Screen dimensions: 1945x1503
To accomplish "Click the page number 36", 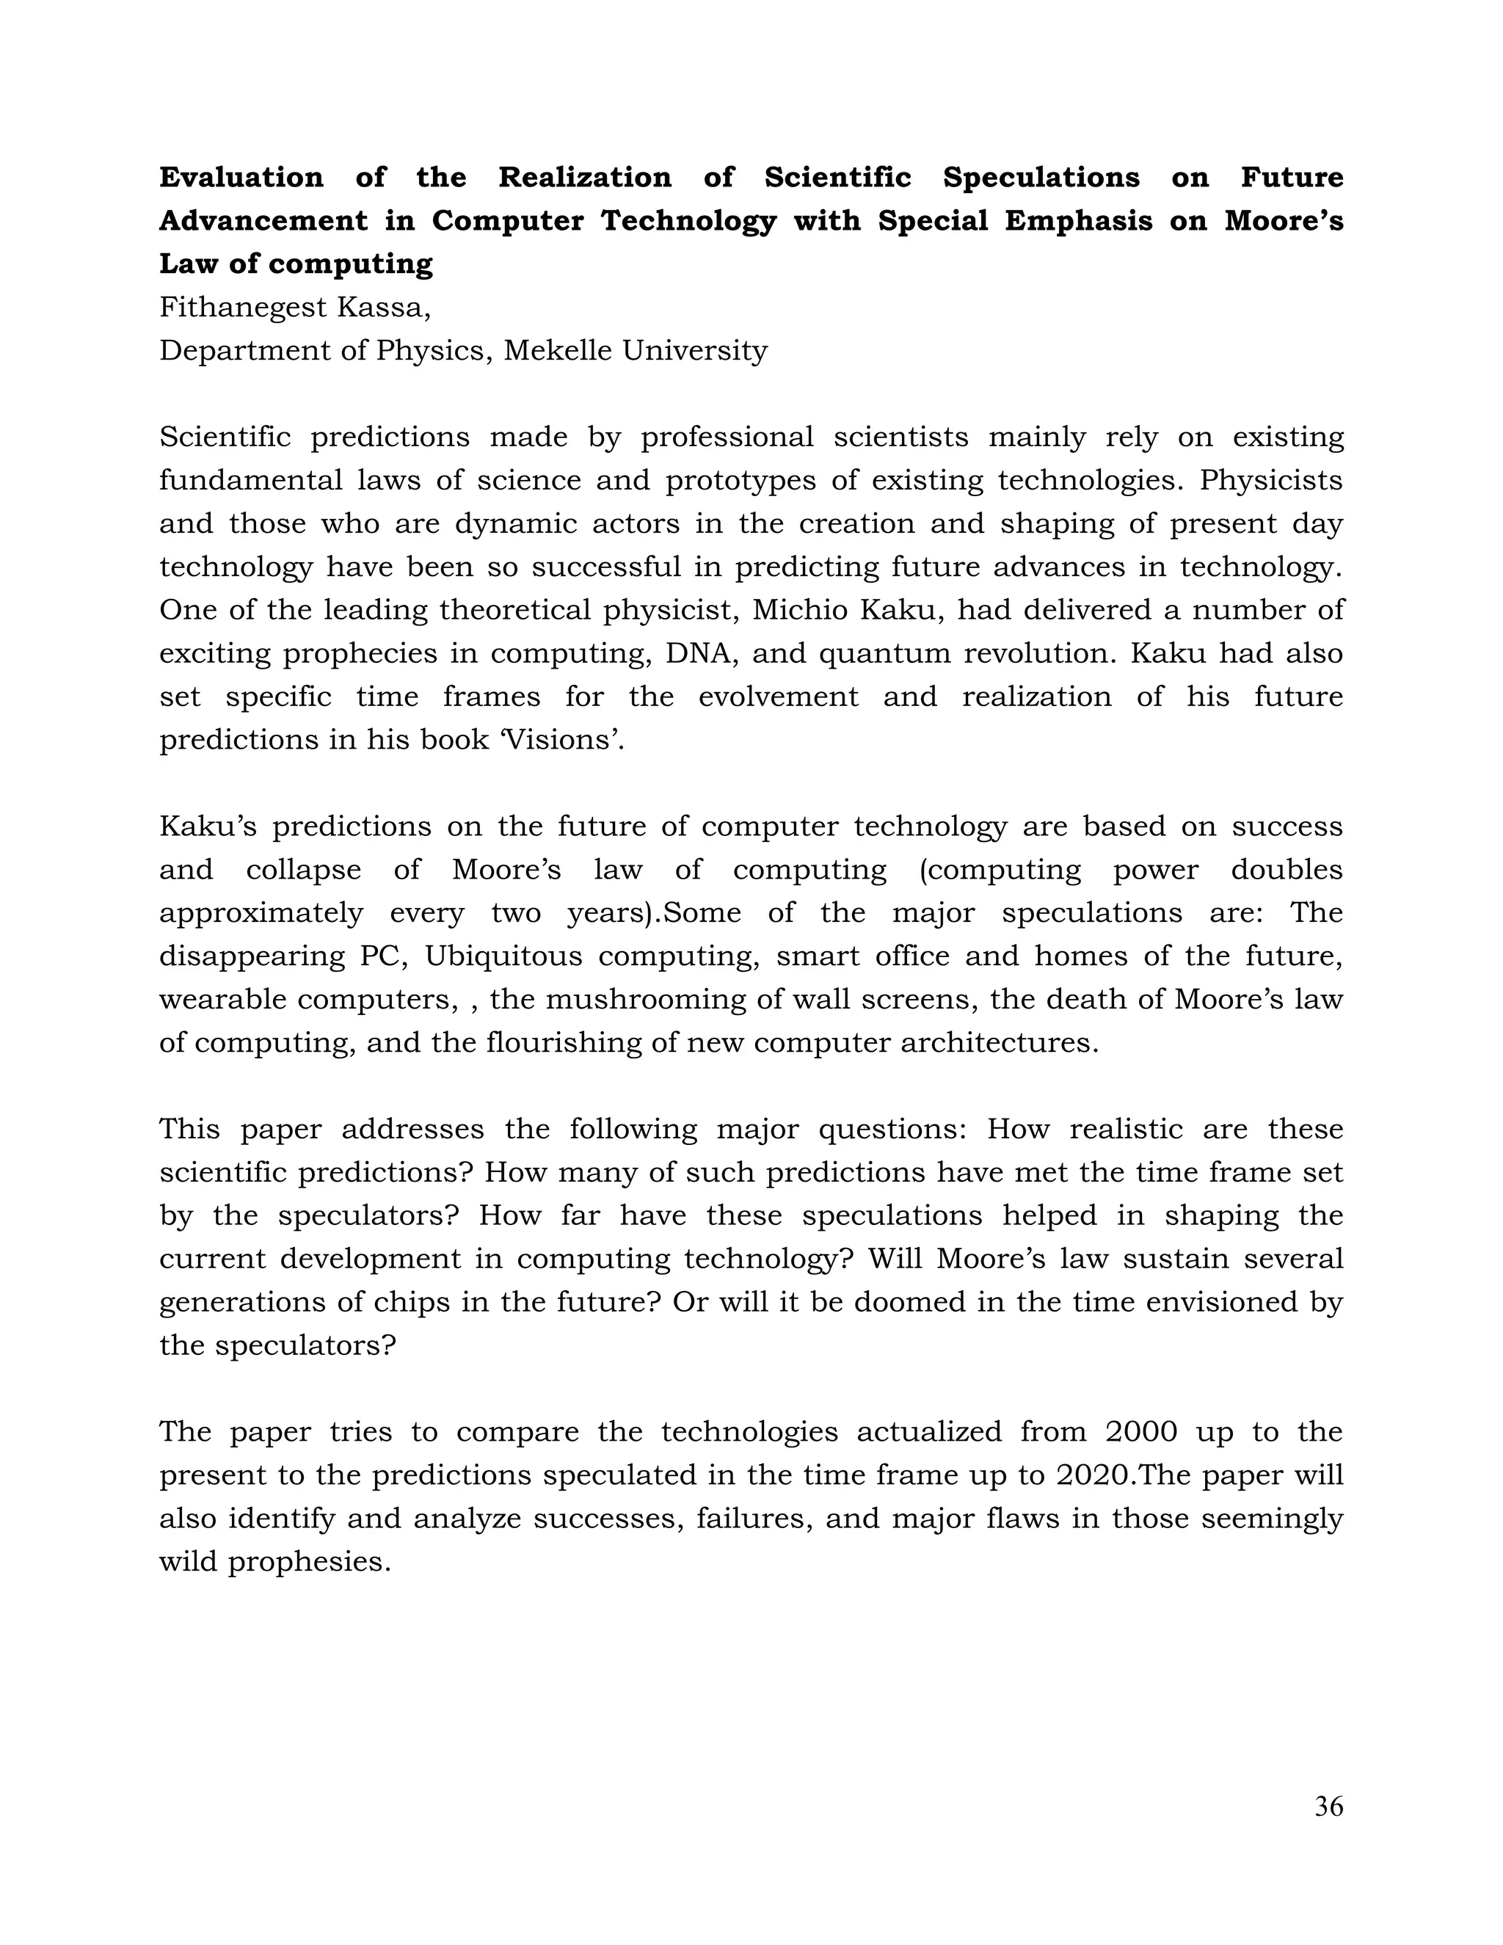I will pyautogui.click(x=1328, y=1806).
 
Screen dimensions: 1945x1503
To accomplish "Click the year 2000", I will pyautogui.click(x=1141, y=1432).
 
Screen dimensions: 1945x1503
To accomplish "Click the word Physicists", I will pyautogui.click(x=1270, y=481).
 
